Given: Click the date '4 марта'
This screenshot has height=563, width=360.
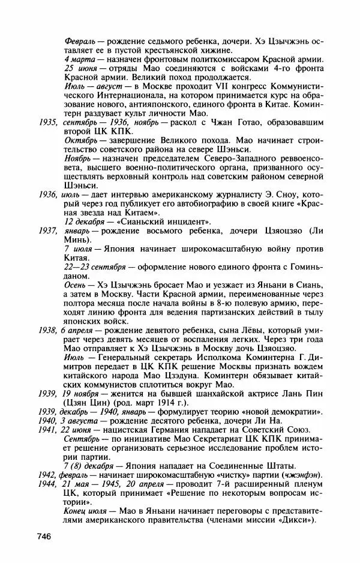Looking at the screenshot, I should (79, 59).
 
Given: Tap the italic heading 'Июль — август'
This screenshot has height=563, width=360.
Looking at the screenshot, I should (91, 86).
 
